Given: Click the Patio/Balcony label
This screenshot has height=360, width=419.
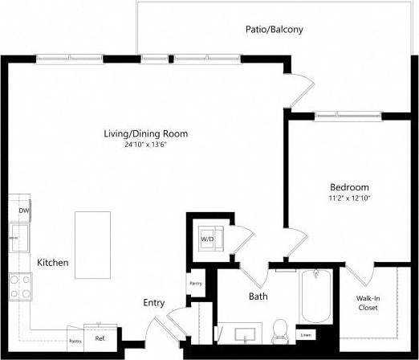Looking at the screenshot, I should pyautogui.click(x=274, y=30).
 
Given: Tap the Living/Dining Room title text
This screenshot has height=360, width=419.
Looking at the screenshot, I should pyautogui.click(x=151, y=133).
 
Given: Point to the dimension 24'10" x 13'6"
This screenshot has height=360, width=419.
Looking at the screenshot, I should pyautogui.click(x=151, y=145).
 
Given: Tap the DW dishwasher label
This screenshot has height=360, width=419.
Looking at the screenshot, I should pyautogui.click(x=24, y=211).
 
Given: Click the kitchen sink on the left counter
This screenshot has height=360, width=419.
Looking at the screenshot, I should pyautogui.click(x=18, y=238).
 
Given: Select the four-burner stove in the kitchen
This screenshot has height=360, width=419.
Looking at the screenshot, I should pyautogui.click(x=20, y=286).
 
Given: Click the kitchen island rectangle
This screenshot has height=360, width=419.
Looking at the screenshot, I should pyautogui.click(x=92, y=244).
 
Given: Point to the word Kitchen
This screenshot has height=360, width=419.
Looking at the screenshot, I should pyautogui.click(x=52, y=263).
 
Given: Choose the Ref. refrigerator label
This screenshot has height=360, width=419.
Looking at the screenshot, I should pyautogui.click(x=100, y=339).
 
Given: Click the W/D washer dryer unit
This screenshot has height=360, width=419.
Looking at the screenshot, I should pyautogui.click(x=206, y=239).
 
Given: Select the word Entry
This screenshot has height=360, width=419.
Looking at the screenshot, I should pyautogui.click(x=154, y=302).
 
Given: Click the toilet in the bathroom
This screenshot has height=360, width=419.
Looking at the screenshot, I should pyautogui.click(x=280, y=329).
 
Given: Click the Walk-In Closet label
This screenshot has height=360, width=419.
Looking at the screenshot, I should pyautogui.click(x=368, y=302).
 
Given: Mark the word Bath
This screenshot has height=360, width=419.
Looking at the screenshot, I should pyautogui.click(x=258, y=297).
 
